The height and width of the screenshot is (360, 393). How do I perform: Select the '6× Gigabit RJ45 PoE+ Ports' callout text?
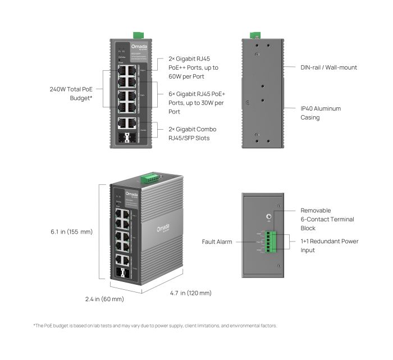196,103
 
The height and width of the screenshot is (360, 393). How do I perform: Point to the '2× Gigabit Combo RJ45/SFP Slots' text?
192,133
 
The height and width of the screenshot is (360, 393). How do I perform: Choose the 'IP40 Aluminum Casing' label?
321,113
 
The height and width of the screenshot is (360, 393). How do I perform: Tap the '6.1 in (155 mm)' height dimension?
71,231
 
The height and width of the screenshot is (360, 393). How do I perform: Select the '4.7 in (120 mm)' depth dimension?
191,293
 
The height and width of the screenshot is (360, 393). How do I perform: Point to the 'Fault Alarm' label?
217,242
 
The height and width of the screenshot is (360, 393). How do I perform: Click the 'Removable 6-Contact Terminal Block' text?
327,219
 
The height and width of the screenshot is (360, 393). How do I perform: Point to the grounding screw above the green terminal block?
269,217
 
